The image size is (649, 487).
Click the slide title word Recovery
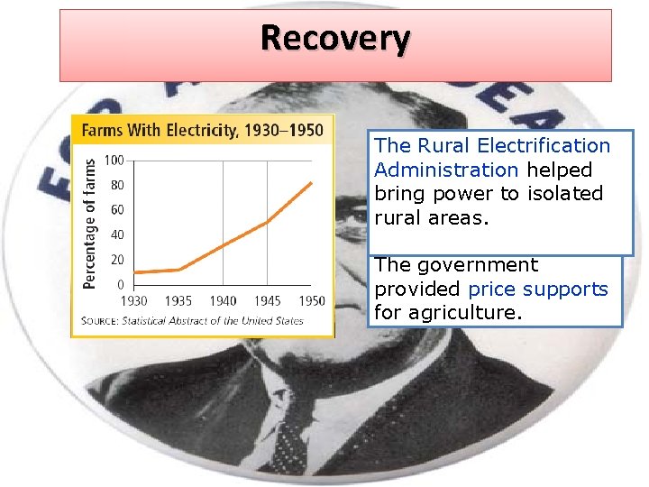click(x=335, y=39)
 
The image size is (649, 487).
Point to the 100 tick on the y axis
click(x=114, y=161)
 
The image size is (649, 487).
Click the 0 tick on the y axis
click(x=120, y=284)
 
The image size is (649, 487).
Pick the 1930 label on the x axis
click(x=133, y=300)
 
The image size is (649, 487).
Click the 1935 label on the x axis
click(x=178, y=300)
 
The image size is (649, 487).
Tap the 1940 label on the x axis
click(x=223, y=300)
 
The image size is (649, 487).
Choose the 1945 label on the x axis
click(x=268, y=300)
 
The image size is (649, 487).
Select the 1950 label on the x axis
click(x=312, y=300)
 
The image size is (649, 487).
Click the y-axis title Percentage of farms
click(x=90, y=223)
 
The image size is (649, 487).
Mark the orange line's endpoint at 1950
click(x=313, y=183)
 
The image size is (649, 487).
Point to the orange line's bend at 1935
click(x=178, y=269)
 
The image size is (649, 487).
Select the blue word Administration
click(x=446, y=170)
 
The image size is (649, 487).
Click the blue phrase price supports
click(x=538, y=289)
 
